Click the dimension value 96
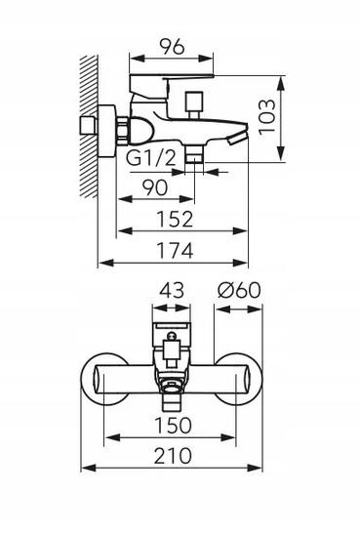click(x=173, y=46)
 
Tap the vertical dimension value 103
click(x=266, y=117)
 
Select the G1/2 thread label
click(x=151, y=158)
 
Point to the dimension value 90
click(x=155, y=187)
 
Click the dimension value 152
click(x=175, y=219)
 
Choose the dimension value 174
click(x=175, y=251)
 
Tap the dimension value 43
click(x=172, y=291)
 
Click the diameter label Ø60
click(x=239, y=291)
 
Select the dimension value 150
click(x=174, y=426)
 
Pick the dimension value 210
click(x=174, y=456)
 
